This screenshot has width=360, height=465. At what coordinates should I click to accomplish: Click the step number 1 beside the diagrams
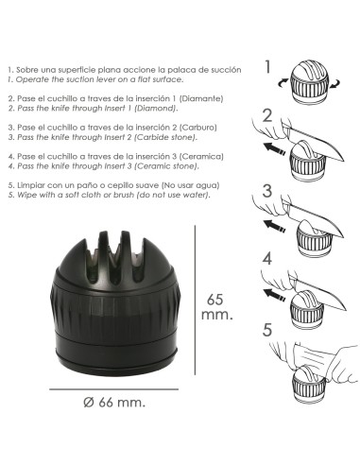click(267, 66)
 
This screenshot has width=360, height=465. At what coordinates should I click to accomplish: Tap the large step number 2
click(267, 115)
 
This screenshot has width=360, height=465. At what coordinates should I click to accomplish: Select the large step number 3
click(267, 191)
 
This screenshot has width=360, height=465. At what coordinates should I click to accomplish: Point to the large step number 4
click(267, 259)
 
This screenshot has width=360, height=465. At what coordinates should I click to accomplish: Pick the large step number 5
click(267, 330)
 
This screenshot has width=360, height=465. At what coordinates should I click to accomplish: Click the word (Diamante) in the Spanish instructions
click(201, 98)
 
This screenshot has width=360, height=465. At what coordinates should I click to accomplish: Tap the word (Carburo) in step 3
click(198, 128)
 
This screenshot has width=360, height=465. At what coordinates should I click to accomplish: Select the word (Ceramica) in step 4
click(201, 157)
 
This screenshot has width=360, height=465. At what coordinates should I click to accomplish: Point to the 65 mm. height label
click(216, 306)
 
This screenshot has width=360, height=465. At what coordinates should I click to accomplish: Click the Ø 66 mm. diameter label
click(114, 403)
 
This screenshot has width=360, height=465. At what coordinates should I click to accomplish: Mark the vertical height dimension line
click(195, 300)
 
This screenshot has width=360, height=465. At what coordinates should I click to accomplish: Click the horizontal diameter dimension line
click(113, 389)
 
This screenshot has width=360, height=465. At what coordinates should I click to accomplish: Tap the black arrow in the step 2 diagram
click(274, 148)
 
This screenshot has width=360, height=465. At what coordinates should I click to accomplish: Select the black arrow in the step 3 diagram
click(274, 226)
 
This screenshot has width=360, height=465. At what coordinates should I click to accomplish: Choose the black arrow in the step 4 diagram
click(274, 294)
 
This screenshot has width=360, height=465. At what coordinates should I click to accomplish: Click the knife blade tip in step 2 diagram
click(343, 161)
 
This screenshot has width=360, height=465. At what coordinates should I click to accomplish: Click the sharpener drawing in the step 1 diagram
click(309, 81)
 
